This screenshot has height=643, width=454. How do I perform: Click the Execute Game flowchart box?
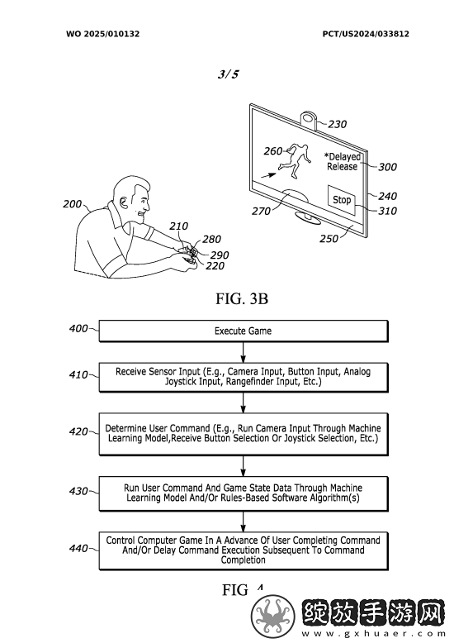pos(244,331)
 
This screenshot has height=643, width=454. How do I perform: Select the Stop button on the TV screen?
pos(342,200)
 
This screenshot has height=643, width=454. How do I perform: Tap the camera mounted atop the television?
pos(310,119)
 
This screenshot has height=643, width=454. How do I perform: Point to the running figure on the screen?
pos(295,160)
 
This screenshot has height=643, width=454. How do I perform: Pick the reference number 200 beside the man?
pos(72,204)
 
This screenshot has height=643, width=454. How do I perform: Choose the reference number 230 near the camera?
pos(338,124)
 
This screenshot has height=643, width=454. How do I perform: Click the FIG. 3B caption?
pos(242,298)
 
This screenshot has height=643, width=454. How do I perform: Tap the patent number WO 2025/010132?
pos(103,34)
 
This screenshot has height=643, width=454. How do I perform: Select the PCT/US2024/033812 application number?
pos(366,34)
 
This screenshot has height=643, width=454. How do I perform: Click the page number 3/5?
pos(228,74)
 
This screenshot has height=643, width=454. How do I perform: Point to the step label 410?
pos(78,375)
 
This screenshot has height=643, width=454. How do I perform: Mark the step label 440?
pos(78,548)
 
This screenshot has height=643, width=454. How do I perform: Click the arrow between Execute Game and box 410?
pos(244,352)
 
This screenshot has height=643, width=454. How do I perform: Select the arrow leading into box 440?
pos(244,522)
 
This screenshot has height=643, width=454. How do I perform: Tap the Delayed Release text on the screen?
pos(343,161)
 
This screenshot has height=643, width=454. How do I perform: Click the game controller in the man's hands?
pos(189,255)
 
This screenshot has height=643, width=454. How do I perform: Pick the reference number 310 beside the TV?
pos(387,211)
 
